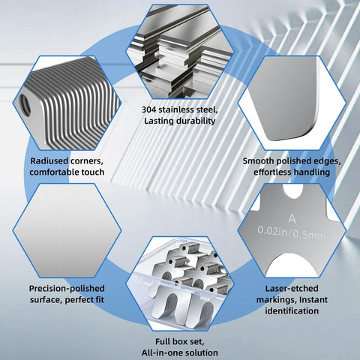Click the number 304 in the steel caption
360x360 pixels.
click(151, 109)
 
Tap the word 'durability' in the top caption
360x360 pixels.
click(198, 120)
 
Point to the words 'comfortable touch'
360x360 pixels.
click(68, 172)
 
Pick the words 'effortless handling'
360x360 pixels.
click(290, 172)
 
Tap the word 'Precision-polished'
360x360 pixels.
click(67, 287)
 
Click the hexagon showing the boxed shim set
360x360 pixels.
click(179, 285)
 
